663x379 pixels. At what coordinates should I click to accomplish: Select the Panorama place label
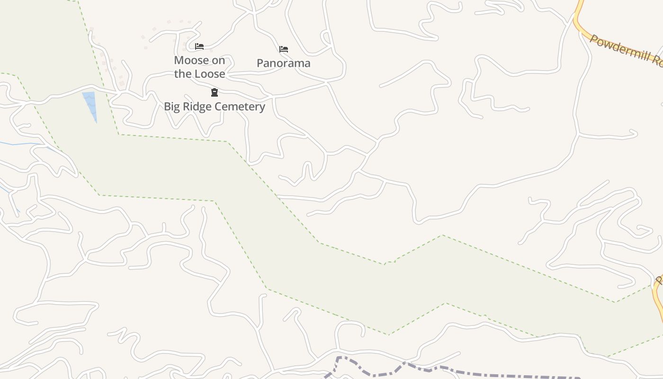(283, 63)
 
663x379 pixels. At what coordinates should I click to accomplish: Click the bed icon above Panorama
(284, 49)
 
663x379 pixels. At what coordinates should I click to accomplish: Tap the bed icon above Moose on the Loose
(199, 46)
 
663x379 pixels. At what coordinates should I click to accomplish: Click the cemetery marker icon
(214, 92)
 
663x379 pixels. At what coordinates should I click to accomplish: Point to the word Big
(173, 106)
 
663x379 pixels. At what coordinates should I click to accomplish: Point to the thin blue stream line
(24, 143)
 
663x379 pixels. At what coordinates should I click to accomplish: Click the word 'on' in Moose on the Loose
(218, 60)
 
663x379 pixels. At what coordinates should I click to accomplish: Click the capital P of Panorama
(260, 63)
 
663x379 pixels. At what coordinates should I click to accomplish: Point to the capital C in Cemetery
(217, 106)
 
